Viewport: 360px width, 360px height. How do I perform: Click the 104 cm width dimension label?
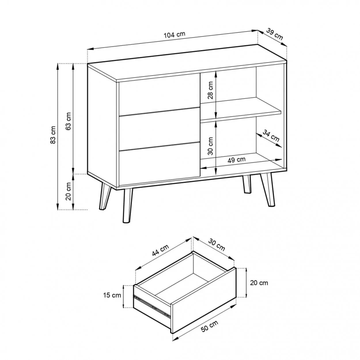174,35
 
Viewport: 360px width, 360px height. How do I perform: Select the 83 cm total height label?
53,135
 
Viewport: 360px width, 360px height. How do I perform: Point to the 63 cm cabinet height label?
68,121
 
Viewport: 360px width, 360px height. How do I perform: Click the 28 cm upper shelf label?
210,90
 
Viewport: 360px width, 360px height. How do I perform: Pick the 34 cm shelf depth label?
271,136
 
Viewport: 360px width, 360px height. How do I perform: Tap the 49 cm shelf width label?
236,160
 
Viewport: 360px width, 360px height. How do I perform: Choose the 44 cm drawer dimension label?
160,250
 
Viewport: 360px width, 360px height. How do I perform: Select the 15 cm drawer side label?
112,295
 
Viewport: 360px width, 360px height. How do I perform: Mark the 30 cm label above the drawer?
217,245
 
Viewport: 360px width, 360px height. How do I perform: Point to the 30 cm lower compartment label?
210,146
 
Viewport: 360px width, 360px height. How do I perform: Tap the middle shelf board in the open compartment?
240,110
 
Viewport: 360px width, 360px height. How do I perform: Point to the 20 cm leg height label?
68,191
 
